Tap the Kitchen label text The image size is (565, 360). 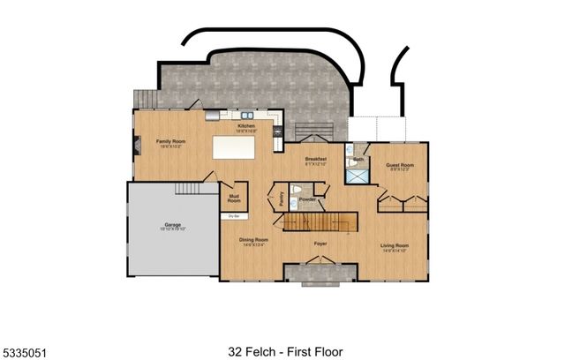tap(246, 126)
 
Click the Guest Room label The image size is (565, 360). tap(400, 164)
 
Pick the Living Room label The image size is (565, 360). tap(395, 245)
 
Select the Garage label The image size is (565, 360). tap(173, 225)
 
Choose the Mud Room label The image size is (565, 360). tap(234, 199)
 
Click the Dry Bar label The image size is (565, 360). tap(234, 215)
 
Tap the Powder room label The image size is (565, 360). tap(307, 199)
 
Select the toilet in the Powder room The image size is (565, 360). tap(299, 190)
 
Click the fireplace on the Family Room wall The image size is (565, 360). tap(135, 141)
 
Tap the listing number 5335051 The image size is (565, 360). tap(24, 352)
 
